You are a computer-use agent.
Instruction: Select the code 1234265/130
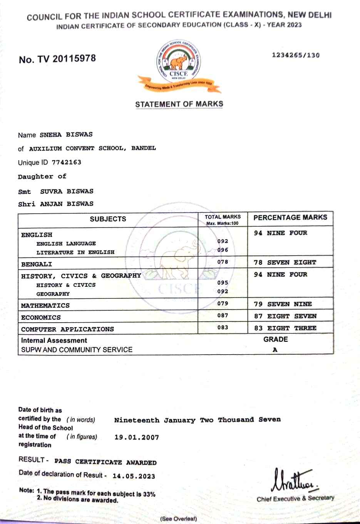point(296,55)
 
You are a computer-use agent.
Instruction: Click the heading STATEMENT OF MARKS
point(179,104)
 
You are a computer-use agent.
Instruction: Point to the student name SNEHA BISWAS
point(66,135)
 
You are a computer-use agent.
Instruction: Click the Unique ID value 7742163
point(67,162)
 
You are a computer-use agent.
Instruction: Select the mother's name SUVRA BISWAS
point(67,191)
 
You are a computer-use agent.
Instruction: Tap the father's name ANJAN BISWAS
point(67,204)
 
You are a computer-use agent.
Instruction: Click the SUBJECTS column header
point(108,219)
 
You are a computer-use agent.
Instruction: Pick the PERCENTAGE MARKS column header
point(290,218)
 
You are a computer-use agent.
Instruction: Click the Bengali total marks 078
point(223,262)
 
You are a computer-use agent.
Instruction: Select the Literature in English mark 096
point(223,250)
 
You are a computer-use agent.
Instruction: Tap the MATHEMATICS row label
point(45,306)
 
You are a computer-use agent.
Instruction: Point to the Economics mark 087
point(223,316)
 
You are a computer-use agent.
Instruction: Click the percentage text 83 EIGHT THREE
point(285,328)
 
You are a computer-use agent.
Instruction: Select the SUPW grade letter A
point(275,350)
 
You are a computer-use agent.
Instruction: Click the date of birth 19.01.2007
point(137,437)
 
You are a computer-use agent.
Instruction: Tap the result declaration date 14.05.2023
point(134,476)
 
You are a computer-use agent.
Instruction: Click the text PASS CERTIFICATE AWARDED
point(105,462)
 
